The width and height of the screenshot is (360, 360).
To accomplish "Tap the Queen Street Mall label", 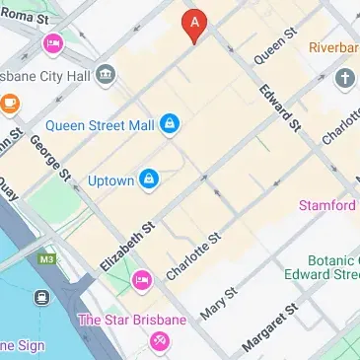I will point(102,125).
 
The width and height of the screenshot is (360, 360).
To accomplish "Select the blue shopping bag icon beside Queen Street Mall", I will point(171,122).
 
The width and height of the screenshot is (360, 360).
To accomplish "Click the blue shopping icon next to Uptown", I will point(148,179).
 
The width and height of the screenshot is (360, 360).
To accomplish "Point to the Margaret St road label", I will point(269,329).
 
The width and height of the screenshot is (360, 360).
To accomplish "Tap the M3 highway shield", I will point(47,258).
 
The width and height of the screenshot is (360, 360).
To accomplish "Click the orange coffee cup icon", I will point(9,102).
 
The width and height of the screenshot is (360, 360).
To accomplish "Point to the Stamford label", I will point(328,205).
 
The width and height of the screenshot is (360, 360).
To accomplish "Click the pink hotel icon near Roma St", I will point(52,44).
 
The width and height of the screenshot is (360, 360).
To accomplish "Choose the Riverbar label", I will point(333,47).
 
